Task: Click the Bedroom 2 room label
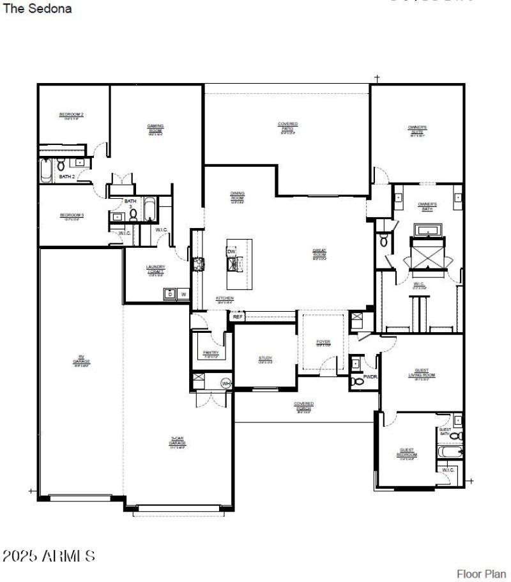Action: (72, 115)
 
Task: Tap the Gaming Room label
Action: (156, 128)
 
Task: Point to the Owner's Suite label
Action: (417, 130)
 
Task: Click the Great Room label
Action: (319, 253)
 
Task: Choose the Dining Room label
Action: (238, 196)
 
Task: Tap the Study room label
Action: (265, 359)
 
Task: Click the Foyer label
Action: (323, 343)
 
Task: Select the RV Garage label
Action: (81, 359)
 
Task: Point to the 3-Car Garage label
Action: (177, 441)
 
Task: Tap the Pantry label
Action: (211, 354)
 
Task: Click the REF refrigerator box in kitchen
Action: (238, 316)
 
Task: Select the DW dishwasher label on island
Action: (231, 252)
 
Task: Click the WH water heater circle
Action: (225, 383)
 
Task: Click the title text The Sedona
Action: (38, 9)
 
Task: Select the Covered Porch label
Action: (303, 406)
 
